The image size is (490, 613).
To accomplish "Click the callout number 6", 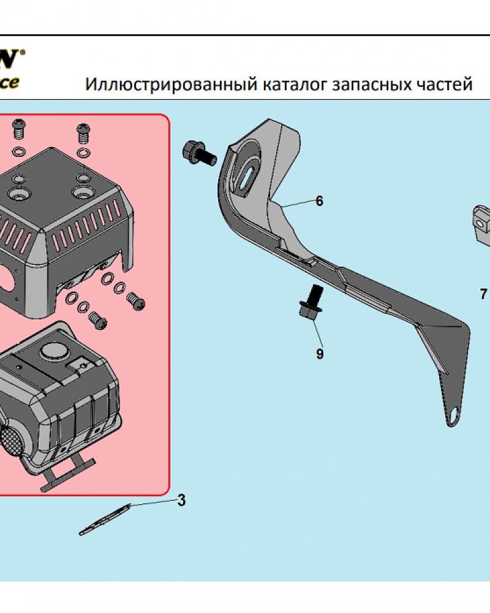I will point(319,201).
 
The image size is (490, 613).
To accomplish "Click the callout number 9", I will point(320,354).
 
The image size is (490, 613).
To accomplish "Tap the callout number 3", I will point(181,500).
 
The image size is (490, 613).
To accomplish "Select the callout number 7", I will point(484,294).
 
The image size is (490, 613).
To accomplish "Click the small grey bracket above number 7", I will point(481,218).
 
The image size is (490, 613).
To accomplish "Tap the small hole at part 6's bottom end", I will point(453,415).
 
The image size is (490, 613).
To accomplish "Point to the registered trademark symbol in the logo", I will point(23,53).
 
